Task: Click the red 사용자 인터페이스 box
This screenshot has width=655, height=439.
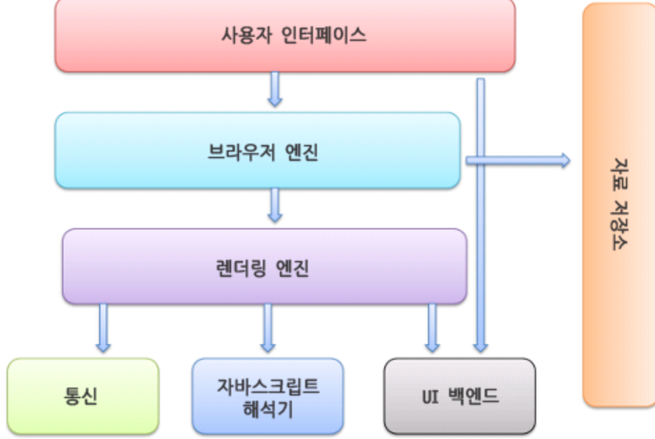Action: click(285, 35)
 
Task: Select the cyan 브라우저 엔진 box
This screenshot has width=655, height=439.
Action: click(258, 150)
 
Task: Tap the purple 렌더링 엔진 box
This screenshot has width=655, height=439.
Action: click(264, 266)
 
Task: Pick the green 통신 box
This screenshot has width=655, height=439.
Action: click(83, 395)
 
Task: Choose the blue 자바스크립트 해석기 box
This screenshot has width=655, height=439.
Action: click(267, 395)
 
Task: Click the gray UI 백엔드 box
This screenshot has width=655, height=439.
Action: click(460, 395)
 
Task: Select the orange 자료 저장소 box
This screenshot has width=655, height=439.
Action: click(618, 204)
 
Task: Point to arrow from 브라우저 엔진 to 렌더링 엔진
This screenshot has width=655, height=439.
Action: click(275, 205)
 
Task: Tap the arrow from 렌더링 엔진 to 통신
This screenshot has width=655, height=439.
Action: click(103, 328)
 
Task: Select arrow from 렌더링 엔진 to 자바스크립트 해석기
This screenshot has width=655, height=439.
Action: click(267, 328)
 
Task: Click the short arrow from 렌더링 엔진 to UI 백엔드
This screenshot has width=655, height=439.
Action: click(432, 328)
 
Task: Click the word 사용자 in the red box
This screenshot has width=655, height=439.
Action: click(242, 35)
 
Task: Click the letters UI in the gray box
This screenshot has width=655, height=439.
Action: click(431, 396)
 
